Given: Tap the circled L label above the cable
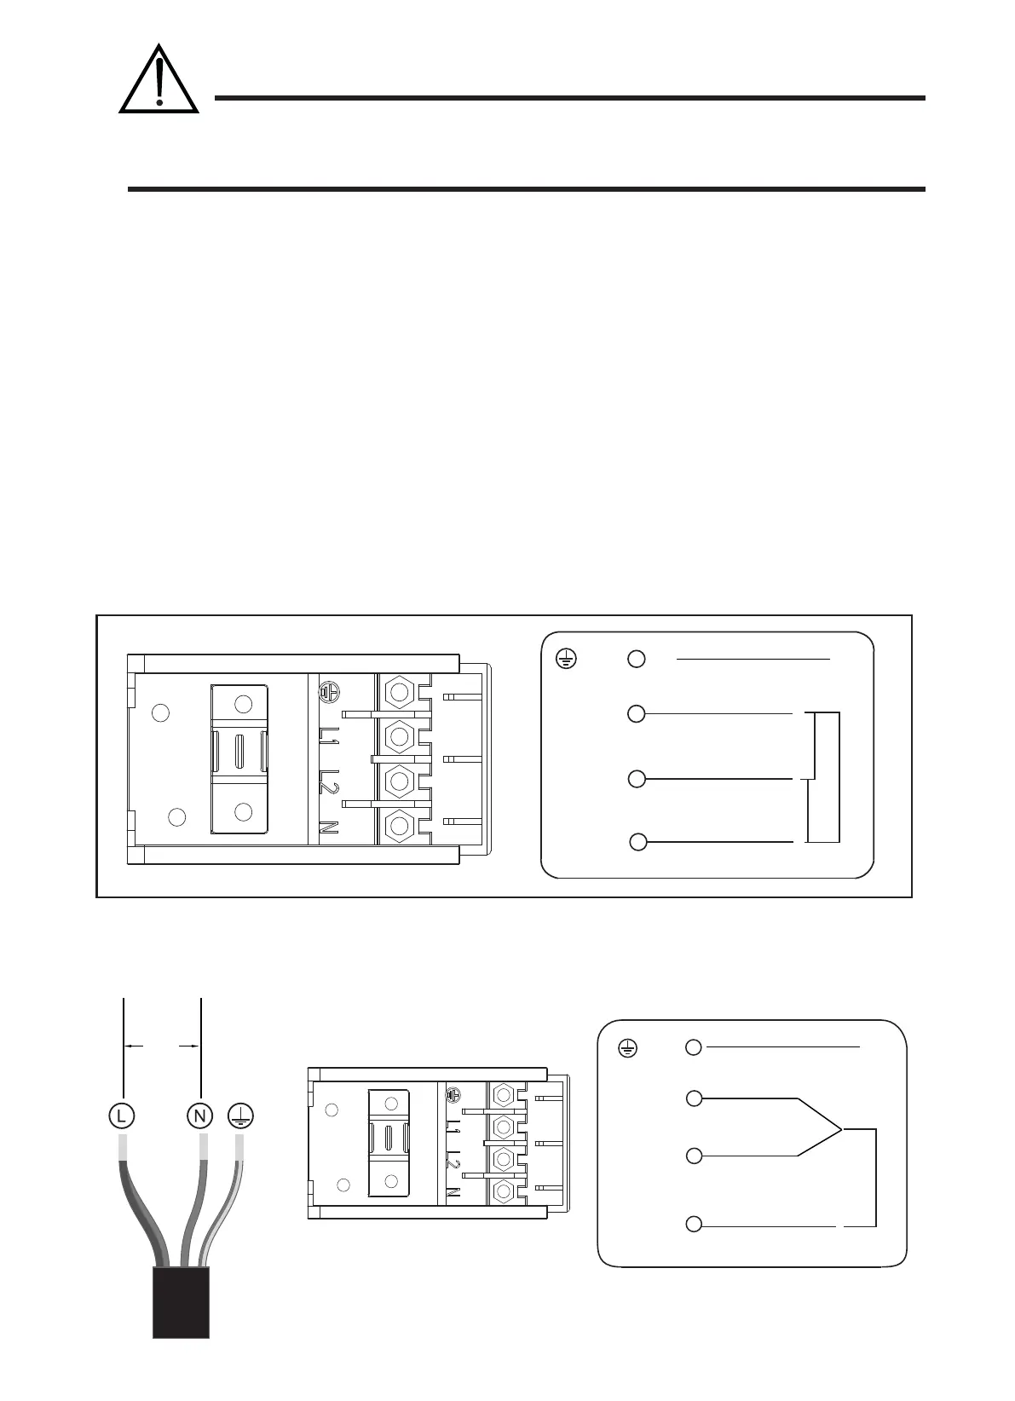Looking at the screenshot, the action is click(x=123, y=1114).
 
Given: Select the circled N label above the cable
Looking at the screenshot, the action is click(x=199, y=1114).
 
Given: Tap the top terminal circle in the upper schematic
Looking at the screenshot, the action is click(x=637, y=658).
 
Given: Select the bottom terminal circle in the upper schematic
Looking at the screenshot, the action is click(x=638, y=842).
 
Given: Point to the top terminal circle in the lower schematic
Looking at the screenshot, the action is click(x=694, y=1047).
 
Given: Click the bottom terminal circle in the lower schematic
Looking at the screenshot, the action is click(x=694, y=1225).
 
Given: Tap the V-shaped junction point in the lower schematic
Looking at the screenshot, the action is click(x=840, y=1130).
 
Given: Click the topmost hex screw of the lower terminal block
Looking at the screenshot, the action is click(x=504, y=1095).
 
